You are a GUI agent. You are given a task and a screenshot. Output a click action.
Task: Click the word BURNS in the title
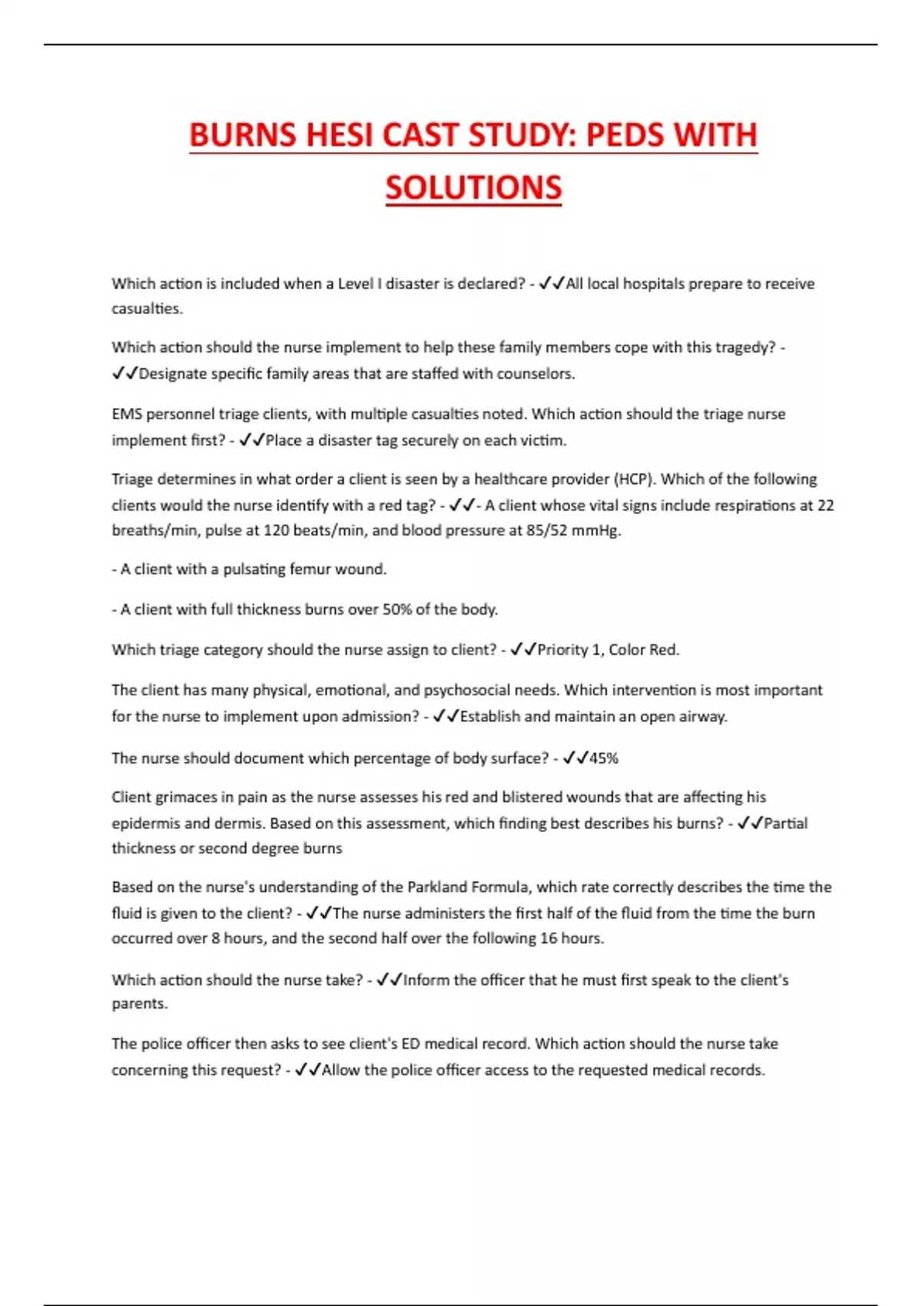click(242, 135)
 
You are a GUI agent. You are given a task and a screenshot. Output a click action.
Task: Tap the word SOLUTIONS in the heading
click(473, 188)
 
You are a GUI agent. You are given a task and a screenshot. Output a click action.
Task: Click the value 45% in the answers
click(604, 758)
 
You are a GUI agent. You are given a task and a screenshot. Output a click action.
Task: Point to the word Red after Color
click(665, 650)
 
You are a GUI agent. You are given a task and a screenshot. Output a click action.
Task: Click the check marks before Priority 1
click(523, 650)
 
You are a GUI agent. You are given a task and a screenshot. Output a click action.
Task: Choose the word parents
click(138, 1004)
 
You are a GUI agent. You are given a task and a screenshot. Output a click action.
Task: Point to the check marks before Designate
click(124, 374)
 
